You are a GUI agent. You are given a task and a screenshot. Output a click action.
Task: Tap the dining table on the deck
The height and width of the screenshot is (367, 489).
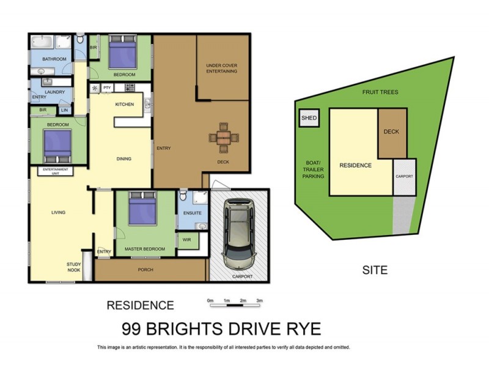pyautogui.click(x=224, y=138)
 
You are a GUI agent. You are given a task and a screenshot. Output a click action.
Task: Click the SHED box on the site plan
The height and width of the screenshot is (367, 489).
pyautogui.click(x=309, y=118)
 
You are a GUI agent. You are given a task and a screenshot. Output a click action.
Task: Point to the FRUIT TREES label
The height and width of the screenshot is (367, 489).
pyautogui.click(x=380, y=92)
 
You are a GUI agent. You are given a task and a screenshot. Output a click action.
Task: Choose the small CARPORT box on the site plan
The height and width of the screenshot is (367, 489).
pyautogui.click(x=404, y=177)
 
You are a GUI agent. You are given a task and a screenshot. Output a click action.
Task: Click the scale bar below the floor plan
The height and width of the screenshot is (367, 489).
pyautogui.click(x=235, y=301)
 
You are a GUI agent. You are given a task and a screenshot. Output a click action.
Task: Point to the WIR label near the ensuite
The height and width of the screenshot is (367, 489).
pyautogui.click(x=186, y=240)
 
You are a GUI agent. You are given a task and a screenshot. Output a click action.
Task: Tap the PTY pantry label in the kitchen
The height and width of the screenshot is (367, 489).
pyautogui.click(x=107, y=88)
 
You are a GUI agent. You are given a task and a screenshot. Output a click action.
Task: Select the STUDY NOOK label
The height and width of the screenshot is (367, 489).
pyautogui.click(x=74, y=266)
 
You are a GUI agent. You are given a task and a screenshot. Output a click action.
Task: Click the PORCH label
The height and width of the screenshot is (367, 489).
pyautogui.click(x=145, y=270)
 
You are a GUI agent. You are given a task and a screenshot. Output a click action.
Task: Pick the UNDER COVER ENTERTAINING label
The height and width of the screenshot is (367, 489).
pyautogui.click(x=221, y=68)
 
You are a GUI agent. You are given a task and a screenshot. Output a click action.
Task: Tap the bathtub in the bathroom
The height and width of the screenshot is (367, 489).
pyautogui.click(x=42, y=43)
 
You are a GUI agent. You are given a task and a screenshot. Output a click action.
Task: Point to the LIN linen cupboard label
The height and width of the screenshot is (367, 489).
pyautogui.click(x=65, y=110)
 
